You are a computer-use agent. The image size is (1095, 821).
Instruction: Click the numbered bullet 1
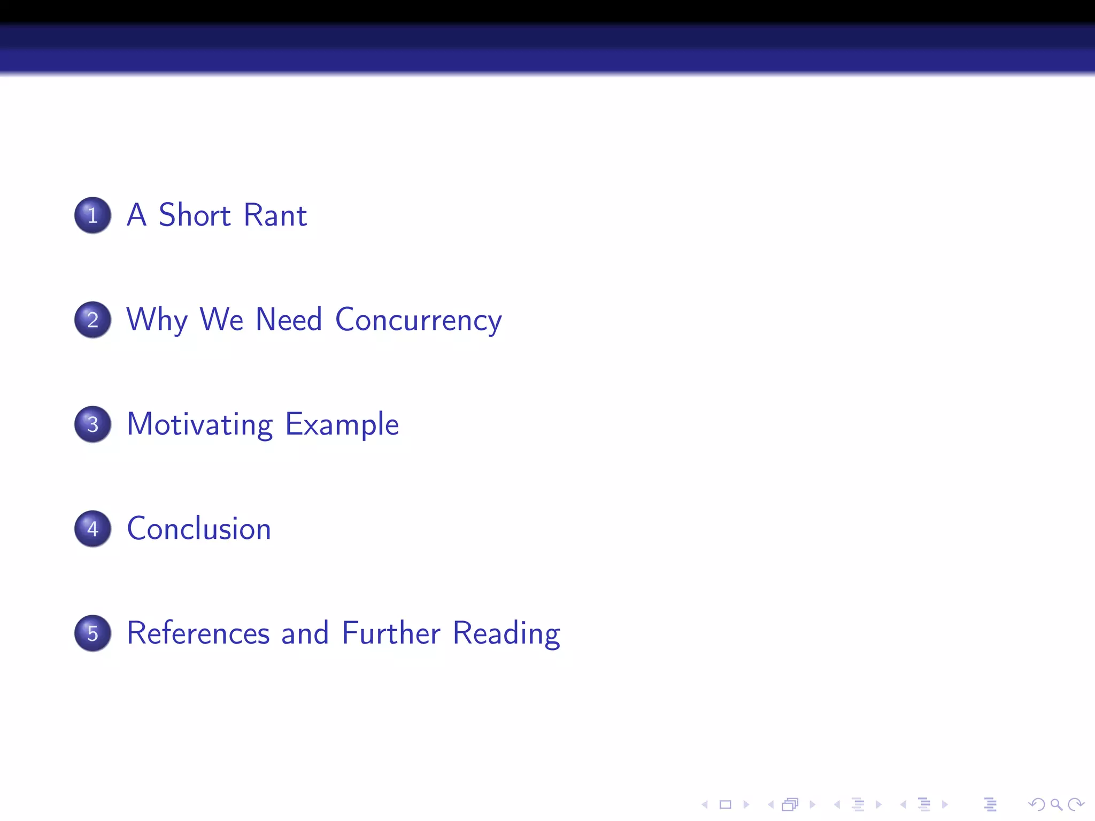[92, 215]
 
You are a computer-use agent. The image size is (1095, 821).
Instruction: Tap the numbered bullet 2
[92, 320]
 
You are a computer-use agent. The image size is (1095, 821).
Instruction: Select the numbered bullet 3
[92, 424]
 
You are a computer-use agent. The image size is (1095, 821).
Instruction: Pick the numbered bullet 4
[92, 529]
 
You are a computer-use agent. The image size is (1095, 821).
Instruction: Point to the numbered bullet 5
[92, 633]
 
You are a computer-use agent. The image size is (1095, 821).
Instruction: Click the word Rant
[275, 215]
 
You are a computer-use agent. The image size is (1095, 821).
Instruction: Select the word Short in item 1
[195, 215]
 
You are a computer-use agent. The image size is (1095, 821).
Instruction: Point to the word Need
[289, 320]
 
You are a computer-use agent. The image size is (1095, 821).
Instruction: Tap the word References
[198, 633]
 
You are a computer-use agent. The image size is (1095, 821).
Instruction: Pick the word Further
[391, 633]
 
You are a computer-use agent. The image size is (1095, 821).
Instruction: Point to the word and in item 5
[305, 633]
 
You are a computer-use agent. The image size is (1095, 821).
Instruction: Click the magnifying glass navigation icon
[1056, 804]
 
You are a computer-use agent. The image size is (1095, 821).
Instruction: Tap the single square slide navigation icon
[726, 804]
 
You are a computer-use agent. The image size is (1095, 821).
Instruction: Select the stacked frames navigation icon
[790, 804]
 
